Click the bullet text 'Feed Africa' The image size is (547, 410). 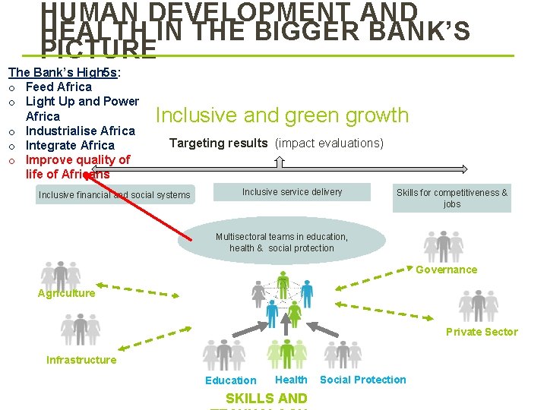point(58,87)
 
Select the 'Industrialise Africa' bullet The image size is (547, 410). point(80,131)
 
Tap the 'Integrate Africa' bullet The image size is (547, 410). point(70,145)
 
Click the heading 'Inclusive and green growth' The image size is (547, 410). point(282,115)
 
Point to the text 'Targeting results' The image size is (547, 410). point(218,143)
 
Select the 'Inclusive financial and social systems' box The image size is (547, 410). point(115,195)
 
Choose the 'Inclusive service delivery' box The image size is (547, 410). point(292,193)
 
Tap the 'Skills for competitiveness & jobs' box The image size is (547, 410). point(452,198)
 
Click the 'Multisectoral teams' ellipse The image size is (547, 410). point(282,242)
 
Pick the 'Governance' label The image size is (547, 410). point(446,270)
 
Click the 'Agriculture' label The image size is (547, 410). point(67,293)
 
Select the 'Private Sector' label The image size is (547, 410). point(482,332)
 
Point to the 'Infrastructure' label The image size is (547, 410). point(81,360)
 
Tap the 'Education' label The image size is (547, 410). point(230,380)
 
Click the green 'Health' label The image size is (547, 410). point(291,380)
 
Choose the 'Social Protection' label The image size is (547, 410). point(363,380)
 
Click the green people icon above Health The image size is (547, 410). point(287,355)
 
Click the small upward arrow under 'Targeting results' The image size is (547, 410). point(280,162)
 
